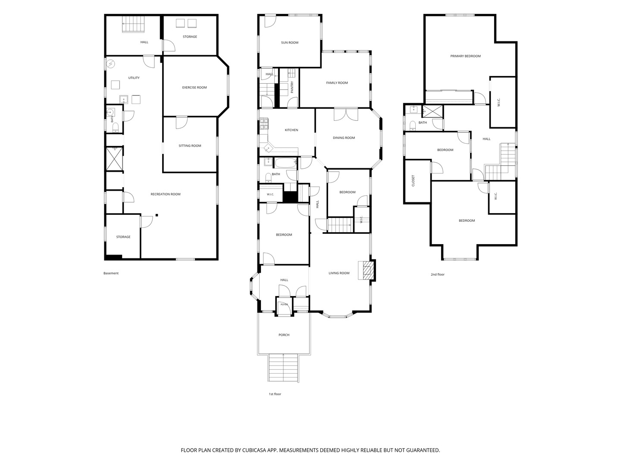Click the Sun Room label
coord(289,43)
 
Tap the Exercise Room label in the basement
coord(194,88)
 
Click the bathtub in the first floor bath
coord(285,163)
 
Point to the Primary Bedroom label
coord(465,56)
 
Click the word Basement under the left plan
coord(111,273)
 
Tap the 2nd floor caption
coord(437,274)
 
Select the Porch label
coord(284,335)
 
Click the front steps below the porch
coord(283,368)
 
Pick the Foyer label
coord(284,305)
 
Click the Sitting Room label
coord(190,146)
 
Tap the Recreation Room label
coord(166,194)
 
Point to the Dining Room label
coord(344,138)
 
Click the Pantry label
coord(292,87)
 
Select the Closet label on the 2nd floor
coord(413,180)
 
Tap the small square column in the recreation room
coord(157,215)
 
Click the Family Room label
coord(337,83)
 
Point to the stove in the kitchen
coord(264,125)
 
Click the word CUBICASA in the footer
coord(254,450)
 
